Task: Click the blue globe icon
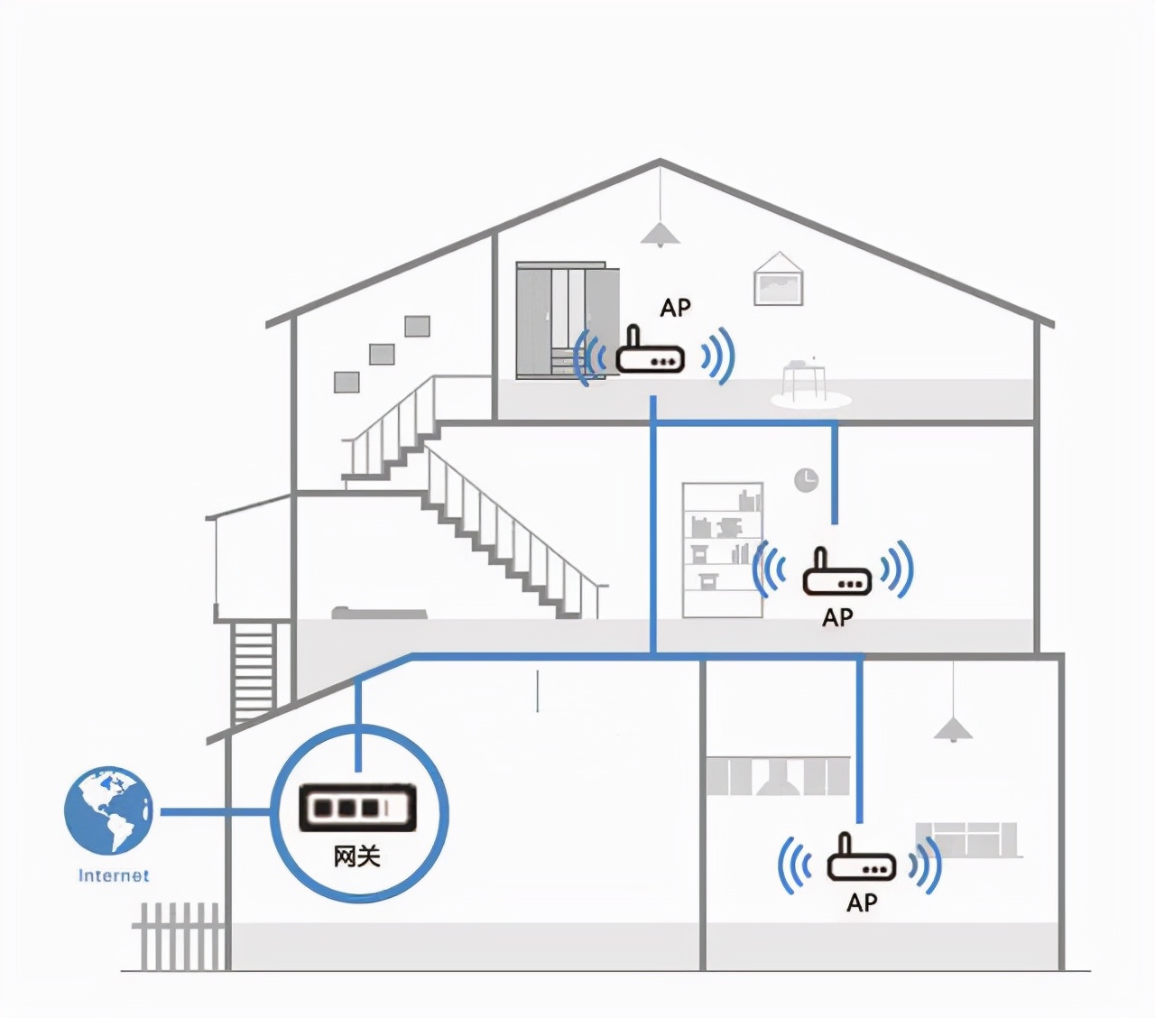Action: click(x=108, y=810)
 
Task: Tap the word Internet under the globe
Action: click(x=114, y=875)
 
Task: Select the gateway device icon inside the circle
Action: click(x=358, y=807)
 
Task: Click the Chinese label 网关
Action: click(x=357, y=856)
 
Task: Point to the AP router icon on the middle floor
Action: click(x=836, y=574)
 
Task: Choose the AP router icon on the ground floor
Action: click(x=861, y=860)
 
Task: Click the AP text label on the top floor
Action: click(x=675, y=308)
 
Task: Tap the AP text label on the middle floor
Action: click(x=837, y=617)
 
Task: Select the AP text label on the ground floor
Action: click(x=862, y=902)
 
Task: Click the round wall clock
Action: click(x=806, y=479)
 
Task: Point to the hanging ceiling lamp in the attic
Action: click(x=660, y=235)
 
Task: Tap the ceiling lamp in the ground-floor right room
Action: click(x=953, y=729)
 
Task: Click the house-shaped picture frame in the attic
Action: click(x=778, y=279)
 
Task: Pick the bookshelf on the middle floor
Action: click(x=722, y=551)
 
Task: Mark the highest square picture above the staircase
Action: click(x=417, y=326)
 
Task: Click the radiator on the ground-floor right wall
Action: click(x=966, y=838)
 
